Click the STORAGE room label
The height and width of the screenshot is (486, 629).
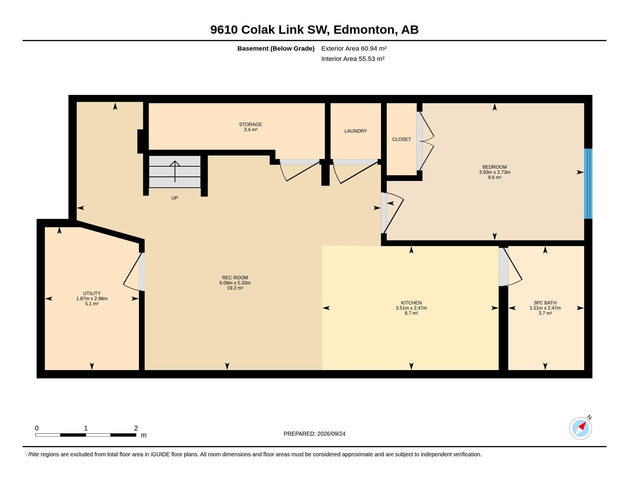[250, 124]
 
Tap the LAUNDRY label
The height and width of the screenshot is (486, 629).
[356, 131]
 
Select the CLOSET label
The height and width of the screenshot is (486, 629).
[401, 139]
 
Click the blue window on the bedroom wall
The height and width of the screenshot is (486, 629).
[588, 184]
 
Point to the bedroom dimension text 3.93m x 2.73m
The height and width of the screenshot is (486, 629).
[495, 172]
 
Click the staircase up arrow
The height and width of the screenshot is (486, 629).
[175, 171]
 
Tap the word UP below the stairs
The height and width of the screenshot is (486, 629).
[174, 198]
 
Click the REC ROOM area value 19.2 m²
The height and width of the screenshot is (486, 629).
[235, 288]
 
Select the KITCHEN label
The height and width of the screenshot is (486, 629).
[411, 302]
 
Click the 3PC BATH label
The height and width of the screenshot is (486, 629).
[545, 302]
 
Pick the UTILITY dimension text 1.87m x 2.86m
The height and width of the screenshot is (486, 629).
[91, 298]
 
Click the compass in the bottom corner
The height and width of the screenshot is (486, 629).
[580, 428]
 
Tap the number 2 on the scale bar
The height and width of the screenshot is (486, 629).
[136, 428]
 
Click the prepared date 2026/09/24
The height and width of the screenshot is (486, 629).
[331, 434]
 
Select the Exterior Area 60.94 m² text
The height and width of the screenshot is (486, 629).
[354, 48]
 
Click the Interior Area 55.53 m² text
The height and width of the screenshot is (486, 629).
[353, 59]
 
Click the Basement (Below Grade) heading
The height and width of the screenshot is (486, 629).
[276, 48]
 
